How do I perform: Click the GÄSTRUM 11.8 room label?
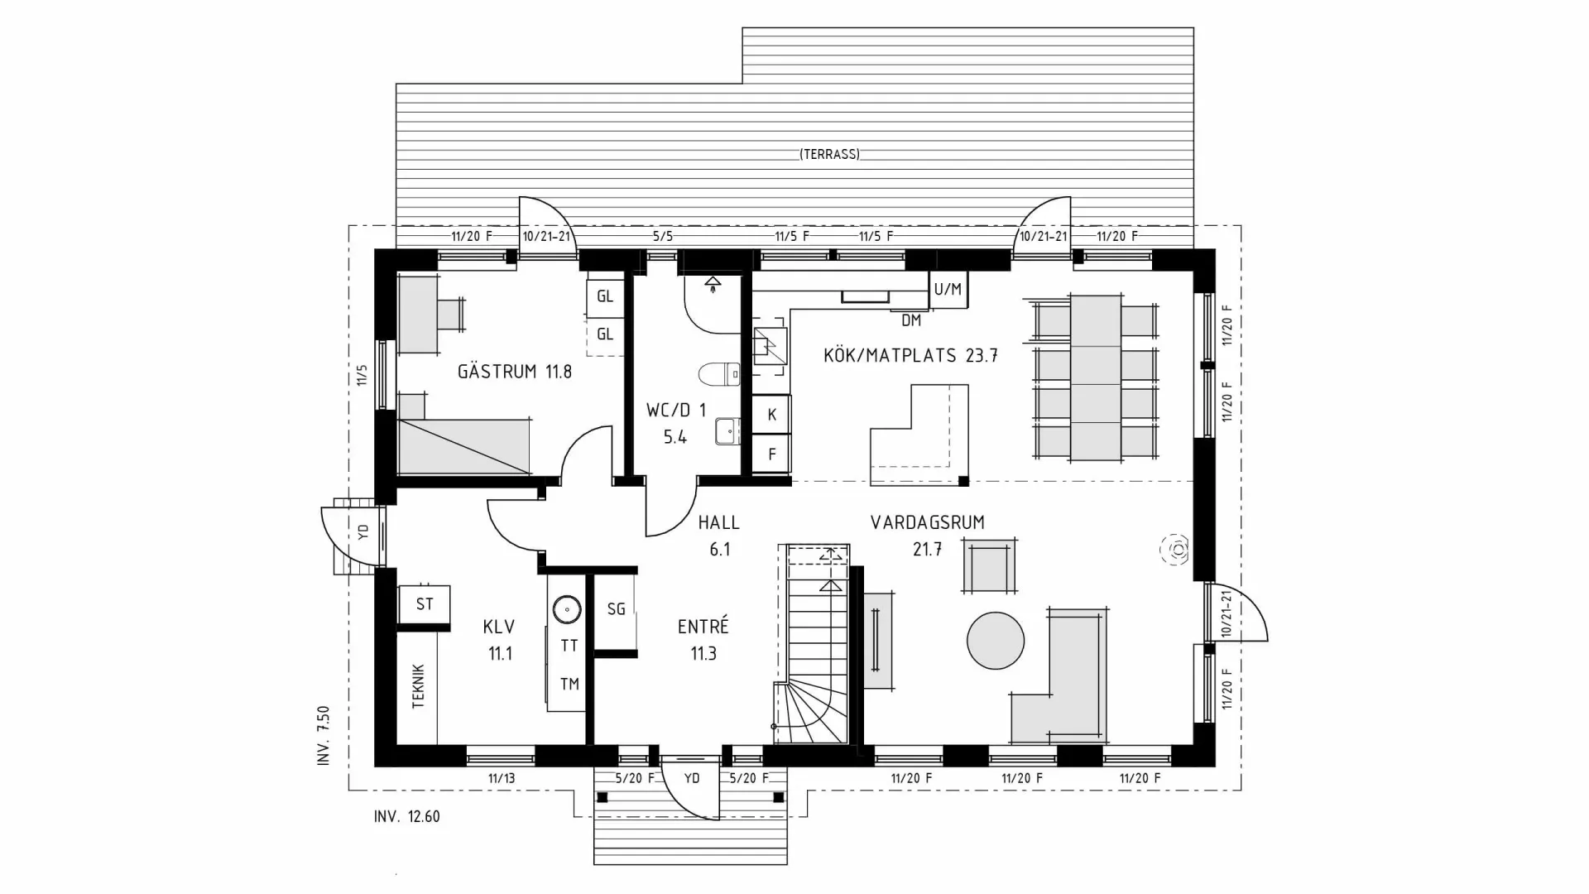tap(514, 372)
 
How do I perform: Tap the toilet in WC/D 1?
tap(718, 375)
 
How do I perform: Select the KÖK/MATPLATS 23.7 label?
tap(910, 356)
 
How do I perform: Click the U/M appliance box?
tap(948, 290)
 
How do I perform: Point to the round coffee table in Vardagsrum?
tap(996, 640)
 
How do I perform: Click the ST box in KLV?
tap(425, 604)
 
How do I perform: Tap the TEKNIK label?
tap(418, 685)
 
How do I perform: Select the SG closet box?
tap(616, 609)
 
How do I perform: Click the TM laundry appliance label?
tap(569, 684)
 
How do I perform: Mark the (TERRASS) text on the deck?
tap(829, 154)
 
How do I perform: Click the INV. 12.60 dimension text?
tap(407, 817)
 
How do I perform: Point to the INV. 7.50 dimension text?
tap(324, 735)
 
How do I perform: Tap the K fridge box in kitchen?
tap(771, 415)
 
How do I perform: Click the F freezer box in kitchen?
tap(771, 454)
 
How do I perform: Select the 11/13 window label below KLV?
tap(502, 778)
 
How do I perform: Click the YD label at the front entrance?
tap(692, 778)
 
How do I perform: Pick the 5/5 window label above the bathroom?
tap(662, 236)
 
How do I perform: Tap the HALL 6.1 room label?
tap(718, 535)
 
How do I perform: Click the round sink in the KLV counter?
tap(566, 610)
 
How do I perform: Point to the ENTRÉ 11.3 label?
tap(703, 639)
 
